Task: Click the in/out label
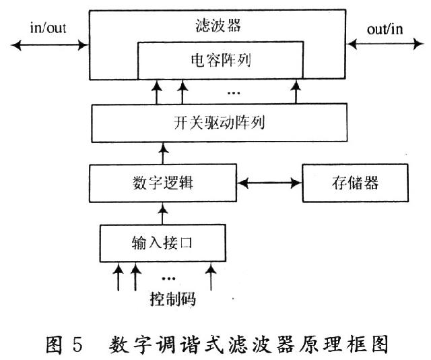[48, 28]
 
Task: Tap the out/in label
[385, 29]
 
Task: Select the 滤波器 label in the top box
[218, 26]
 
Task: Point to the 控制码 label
[173, 299]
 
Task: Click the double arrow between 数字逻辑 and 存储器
[269, 183]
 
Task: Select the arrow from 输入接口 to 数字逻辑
[163, 214]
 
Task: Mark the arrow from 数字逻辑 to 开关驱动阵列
[164, 153]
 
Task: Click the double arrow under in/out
[50, 45]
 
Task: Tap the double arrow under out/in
[385, 44]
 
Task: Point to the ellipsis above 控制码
[168, 278]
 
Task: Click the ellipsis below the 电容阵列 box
[234, 93]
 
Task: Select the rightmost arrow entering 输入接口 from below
[211, 276]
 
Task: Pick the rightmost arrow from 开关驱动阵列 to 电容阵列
[296, 92]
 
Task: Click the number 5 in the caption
[77, 344]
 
